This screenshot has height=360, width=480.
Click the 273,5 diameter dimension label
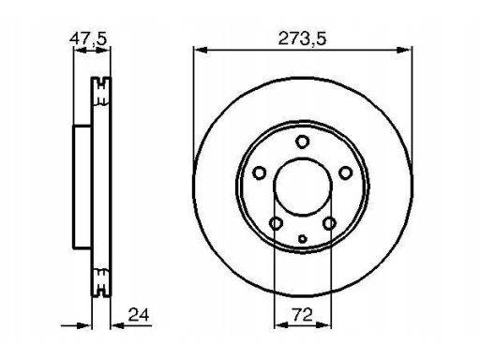click(x=302, y=39)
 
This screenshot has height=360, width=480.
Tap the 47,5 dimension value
click(x=88, y=38)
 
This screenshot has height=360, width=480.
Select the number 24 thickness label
click(x=139, y=315)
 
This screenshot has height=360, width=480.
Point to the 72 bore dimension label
click(x=302, y=315)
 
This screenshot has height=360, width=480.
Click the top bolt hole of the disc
click(x=302, y=142)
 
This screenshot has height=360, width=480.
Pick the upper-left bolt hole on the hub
click(x=259, y=172)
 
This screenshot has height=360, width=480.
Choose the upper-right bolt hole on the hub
click(x=346, y=172)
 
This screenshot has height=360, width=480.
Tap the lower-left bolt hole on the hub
click(x=276, y=223)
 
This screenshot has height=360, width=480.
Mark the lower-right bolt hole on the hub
click(x=329, y=223)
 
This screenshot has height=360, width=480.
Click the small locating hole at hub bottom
click(x=303, y=239)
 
